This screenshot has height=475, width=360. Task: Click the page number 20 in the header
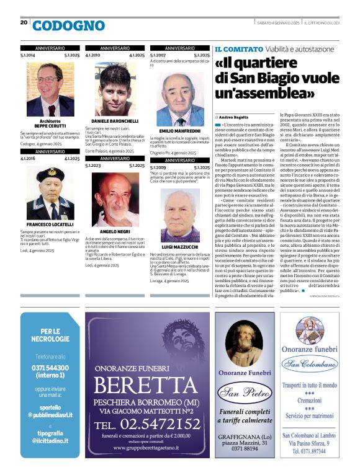24,22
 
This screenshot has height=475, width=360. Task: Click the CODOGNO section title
68,25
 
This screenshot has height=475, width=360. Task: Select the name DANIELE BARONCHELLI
114,120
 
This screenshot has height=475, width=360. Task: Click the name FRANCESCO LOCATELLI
50,224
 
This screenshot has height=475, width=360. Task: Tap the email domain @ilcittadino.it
50,440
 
